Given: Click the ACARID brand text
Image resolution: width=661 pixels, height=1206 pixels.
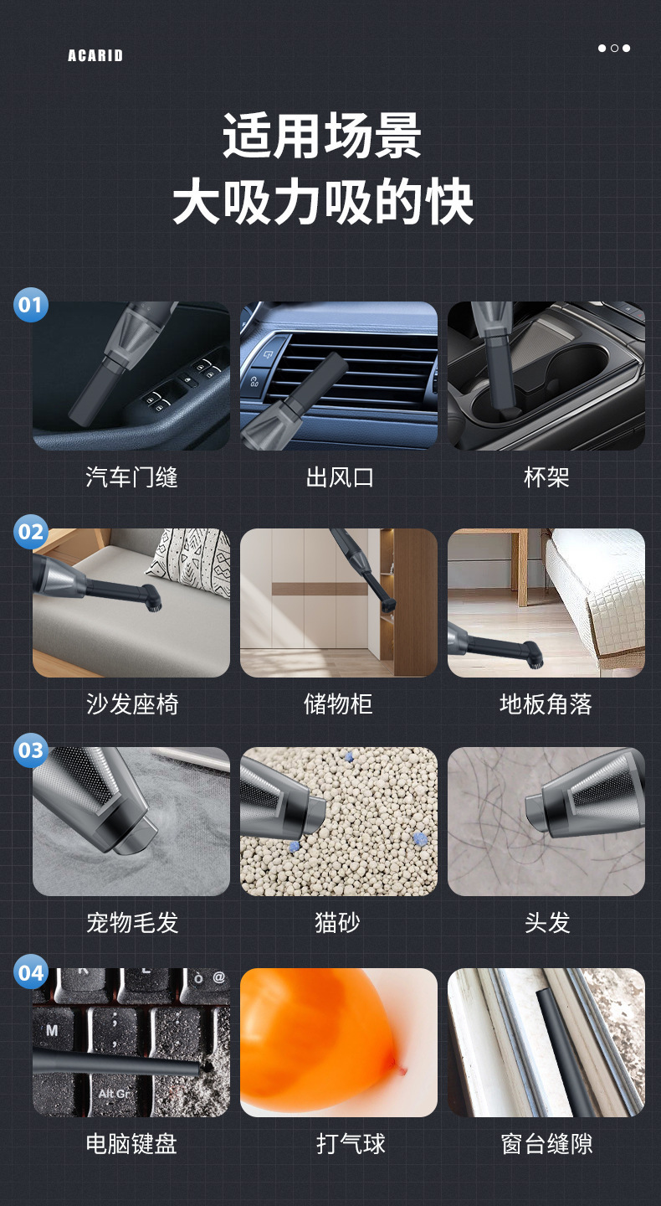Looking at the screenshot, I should click(95, 56).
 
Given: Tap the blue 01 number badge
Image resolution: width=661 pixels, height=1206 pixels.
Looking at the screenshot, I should click(31, 304).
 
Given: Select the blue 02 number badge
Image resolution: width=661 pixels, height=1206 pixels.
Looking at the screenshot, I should click(31, 531).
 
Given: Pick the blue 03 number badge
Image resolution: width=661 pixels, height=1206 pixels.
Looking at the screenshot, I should click(31, 750).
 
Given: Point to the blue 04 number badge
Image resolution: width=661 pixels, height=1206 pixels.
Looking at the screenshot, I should click(31, 972).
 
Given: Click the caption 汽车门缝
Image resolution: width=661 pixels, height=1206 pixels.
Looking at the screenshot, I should click(131, 477).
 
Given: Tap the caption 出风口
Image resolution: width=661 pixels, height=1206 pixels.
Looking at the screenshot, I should click(339, 477).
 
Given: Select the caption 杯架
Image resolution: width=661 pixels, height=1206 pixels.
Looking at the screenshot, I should click(546, 477).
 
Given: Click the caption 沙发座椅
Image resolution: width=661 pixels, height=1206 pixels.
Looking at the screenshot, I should click(131, 703).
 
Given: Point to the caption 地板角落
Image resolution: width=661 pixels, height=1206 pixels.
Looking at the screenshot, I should click(546, 703).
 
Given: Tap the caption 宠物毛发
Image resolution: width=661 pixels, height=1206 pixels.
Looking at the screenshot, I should click(131, 922).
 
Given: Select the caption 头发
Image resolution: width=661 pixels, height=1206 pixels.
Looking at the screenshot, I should click(546, 922).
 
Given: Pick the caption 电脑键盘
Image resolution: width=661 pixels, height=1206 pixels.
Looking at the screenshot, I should click(131, 1144).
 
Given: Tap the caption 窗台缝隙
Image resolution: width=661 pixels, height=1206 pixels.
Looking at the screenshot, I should click(546, 1144).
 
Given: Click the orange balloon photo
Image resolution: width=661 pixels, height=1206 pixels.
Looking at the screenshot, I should click(322, 1038).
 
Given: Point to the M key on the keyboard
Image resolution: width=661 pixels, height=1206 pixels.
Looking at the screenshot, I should click(52, 1029).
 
